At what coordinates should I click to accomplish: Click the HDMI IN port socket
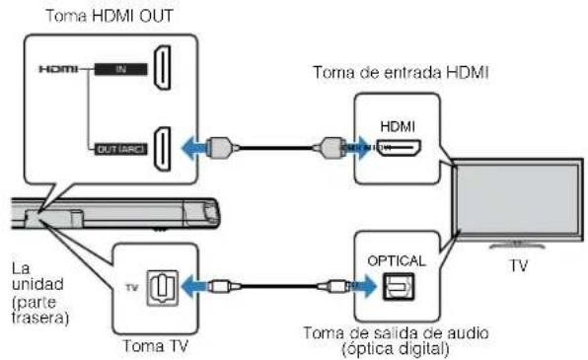click(165, 69)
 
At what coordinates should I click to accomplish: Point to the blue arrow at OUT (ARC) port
click(196, 147)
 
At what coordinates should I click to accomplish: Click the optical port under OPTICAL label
click(400, 286)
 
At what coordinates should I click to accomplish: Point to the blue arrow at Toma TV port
click(197, 287)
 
